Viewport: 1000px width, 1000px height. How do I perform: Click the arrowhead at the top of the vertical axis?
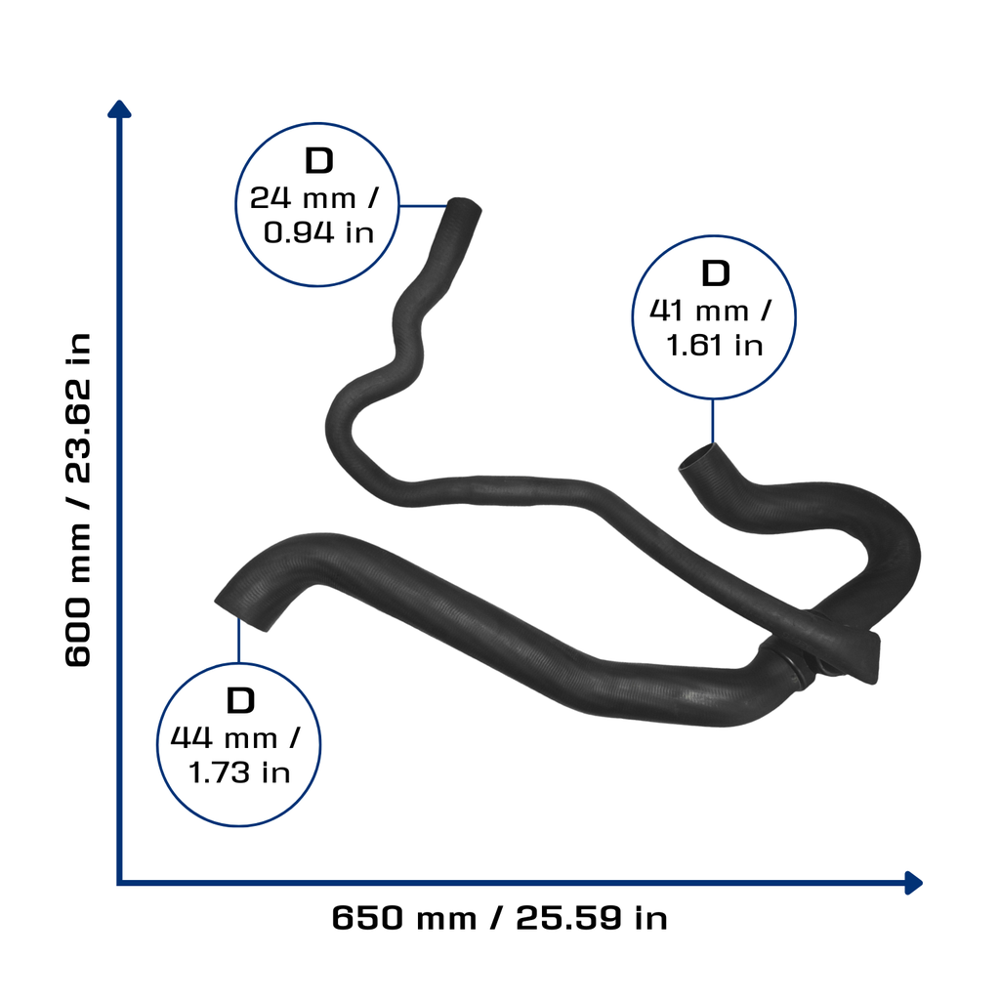pyautogui.click(x=119, y=108)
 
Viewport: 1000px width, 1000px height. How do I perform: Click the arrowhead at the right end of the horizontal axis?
pyautogui.click(x=914, y=883)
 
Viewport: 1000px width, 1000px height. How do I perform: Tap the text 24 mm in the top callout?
pyautogui.click(x=303, y=197)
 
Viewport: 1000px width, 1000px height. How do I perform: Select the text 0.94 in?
pyautogui.click(x=318, y=232)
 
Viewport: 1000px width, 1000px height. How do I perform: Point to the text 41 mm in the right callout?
pyautogui.click(x=699, y=311)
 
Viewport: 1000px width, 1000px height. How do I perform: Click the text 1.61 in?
pyautogui.click(x=714, y=345)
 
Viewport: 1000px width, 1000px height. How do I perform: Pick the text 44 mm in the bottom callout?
pyautogui.click(x=224, y=738)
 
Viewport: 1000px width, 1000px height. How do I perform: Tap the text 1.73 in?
pyautogui.click(x=239, y=772)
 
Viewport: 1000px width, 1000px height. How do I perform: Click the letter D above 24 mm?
pyautogui.click(x=319, y=161)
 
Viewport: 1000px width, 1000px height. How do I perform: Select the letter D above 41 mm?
pyautogui.click(x=715, y=273)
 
